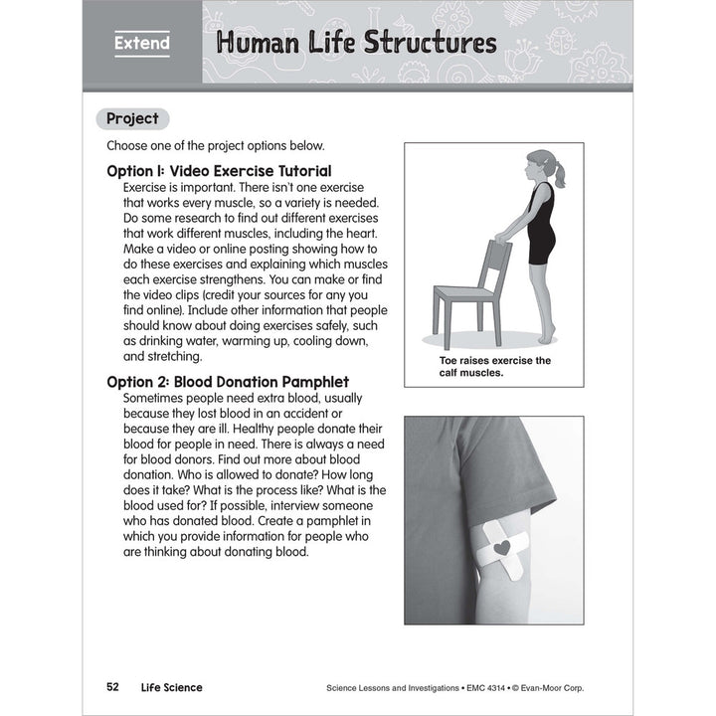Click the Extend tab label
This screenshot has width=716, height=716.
tap(141, 43)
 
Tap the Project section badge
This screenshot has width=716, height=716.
tap(132, 118)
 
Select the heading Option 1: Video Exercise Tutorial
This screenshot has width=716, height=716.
tap(219, 171)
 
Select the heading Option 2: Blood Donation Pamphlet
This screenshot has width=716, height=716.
tap(228, 381)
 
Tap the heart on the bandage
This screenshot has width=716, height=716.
tap(502, 546)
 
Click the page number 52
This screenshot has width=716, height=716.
tap(112, 687)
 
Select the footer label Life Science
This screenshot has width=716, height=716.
tap(170, 687)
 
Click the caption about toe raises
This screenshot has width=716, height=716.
tap(494, 367)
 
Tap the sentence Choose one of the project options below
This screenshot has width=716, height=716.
tap(215, 145)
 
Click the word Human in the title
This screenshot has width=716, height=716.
tap(251, 43)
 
